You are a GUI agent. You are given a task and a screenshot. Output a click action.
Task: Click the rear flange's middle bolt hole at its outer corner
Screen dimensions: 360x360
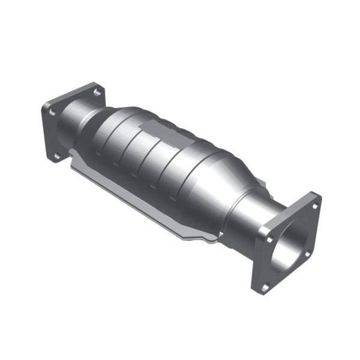pos(52,112)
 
